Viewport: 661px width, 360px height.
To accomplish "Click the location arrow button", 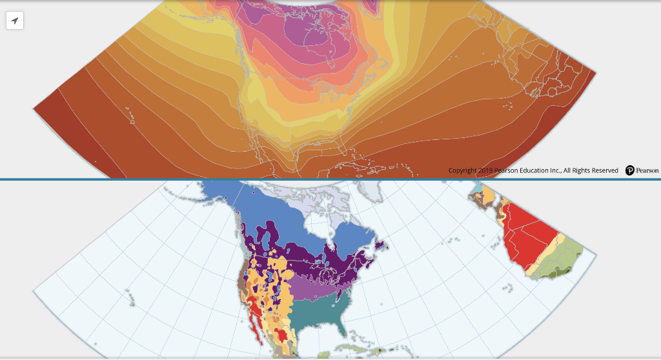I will pyautogui.click(x=15, y=21).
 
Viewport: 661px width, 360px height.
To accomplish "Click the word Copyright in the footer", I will pyautogui.click(x=463, y=170).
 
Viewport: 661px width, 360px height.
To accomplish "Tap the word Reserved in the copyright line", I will pyautogui.click(x=602, y=170).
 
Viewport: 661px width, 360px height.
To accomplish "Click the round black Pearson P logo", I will pyautogui.click(x=630, y=170).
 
